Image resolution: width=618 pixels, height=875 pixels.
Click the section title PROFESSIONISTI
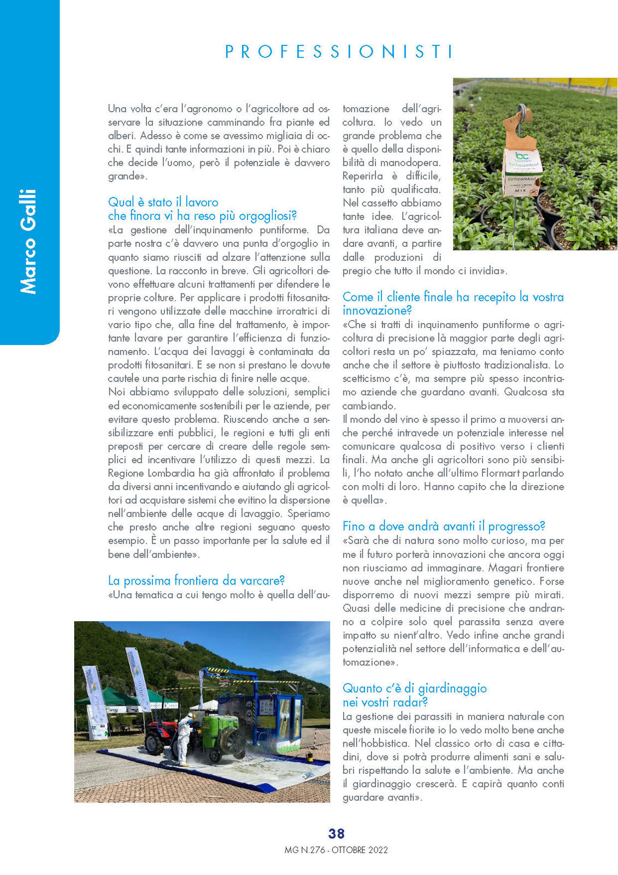(x=339, y=51)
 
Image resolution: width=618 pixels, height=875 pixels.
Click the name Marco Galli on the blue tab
(x=28, y=241)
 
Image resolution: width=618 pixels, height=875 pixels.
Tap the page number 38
(x=336, y=833)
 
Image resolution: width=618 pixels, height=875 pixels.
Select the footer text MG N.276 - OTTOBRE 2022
(x=336, y=850)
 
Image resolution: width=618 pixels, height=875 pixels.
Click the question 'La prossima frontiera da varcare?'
(x=196, y=580)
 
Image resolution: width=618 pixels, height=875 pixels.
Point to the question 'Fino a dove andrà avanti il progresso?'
(x=444, y=526)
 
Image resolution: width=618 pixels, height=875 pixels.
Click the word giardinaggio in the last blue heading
(x=452, y=689)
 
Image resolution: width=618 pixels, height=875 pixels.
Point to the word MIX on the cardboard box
(x=520, y=190)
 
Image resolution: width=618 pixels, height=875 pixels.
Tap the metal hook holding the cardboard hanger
(x=523, y=112)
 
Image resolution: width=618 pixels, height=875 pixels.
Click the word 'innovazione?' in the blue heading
(x=376, y=311)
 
